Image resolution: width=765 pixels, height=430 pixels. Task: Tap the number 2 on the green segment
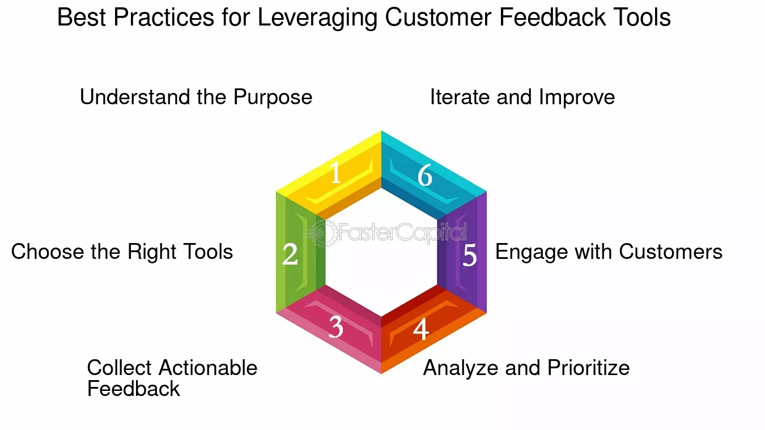pos(290,254)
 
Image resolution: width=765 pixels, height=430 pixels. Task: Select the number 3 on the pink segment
pos(335,327)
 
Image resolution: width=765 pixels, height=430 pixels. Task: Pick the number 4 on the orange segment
pos(420,329)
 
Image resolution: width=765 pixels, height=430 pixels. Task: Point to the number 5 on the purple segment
pos(469,255)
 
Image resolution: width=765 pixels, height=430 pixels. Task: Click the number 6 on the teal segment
pos(425,175)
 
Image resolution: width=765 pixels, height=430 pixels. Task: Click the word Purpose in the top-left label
pos(273,97)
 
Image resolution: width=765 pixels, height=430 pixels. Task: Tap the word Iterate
pos(460,97)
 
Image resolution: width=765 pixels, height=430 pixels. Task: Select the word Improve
pos(577,97)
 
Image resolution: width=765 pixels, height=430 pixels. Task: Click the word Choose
pos(47,252)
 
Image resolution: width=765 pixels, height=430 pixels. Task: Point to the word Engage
pos(532,253)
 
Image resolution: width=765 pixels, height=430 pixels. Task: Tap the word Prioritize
pos(588,368)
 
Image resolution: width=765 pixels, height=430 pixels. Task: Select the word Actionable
pos(208,368)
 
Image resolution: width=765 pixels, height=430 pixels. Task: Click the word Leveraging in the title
pos(317,18)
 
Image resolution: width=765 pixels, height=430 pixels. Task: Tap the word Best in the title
pos(82,17)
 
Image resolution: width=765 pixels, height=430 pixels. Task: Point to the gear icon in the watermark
pos(322,233)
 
